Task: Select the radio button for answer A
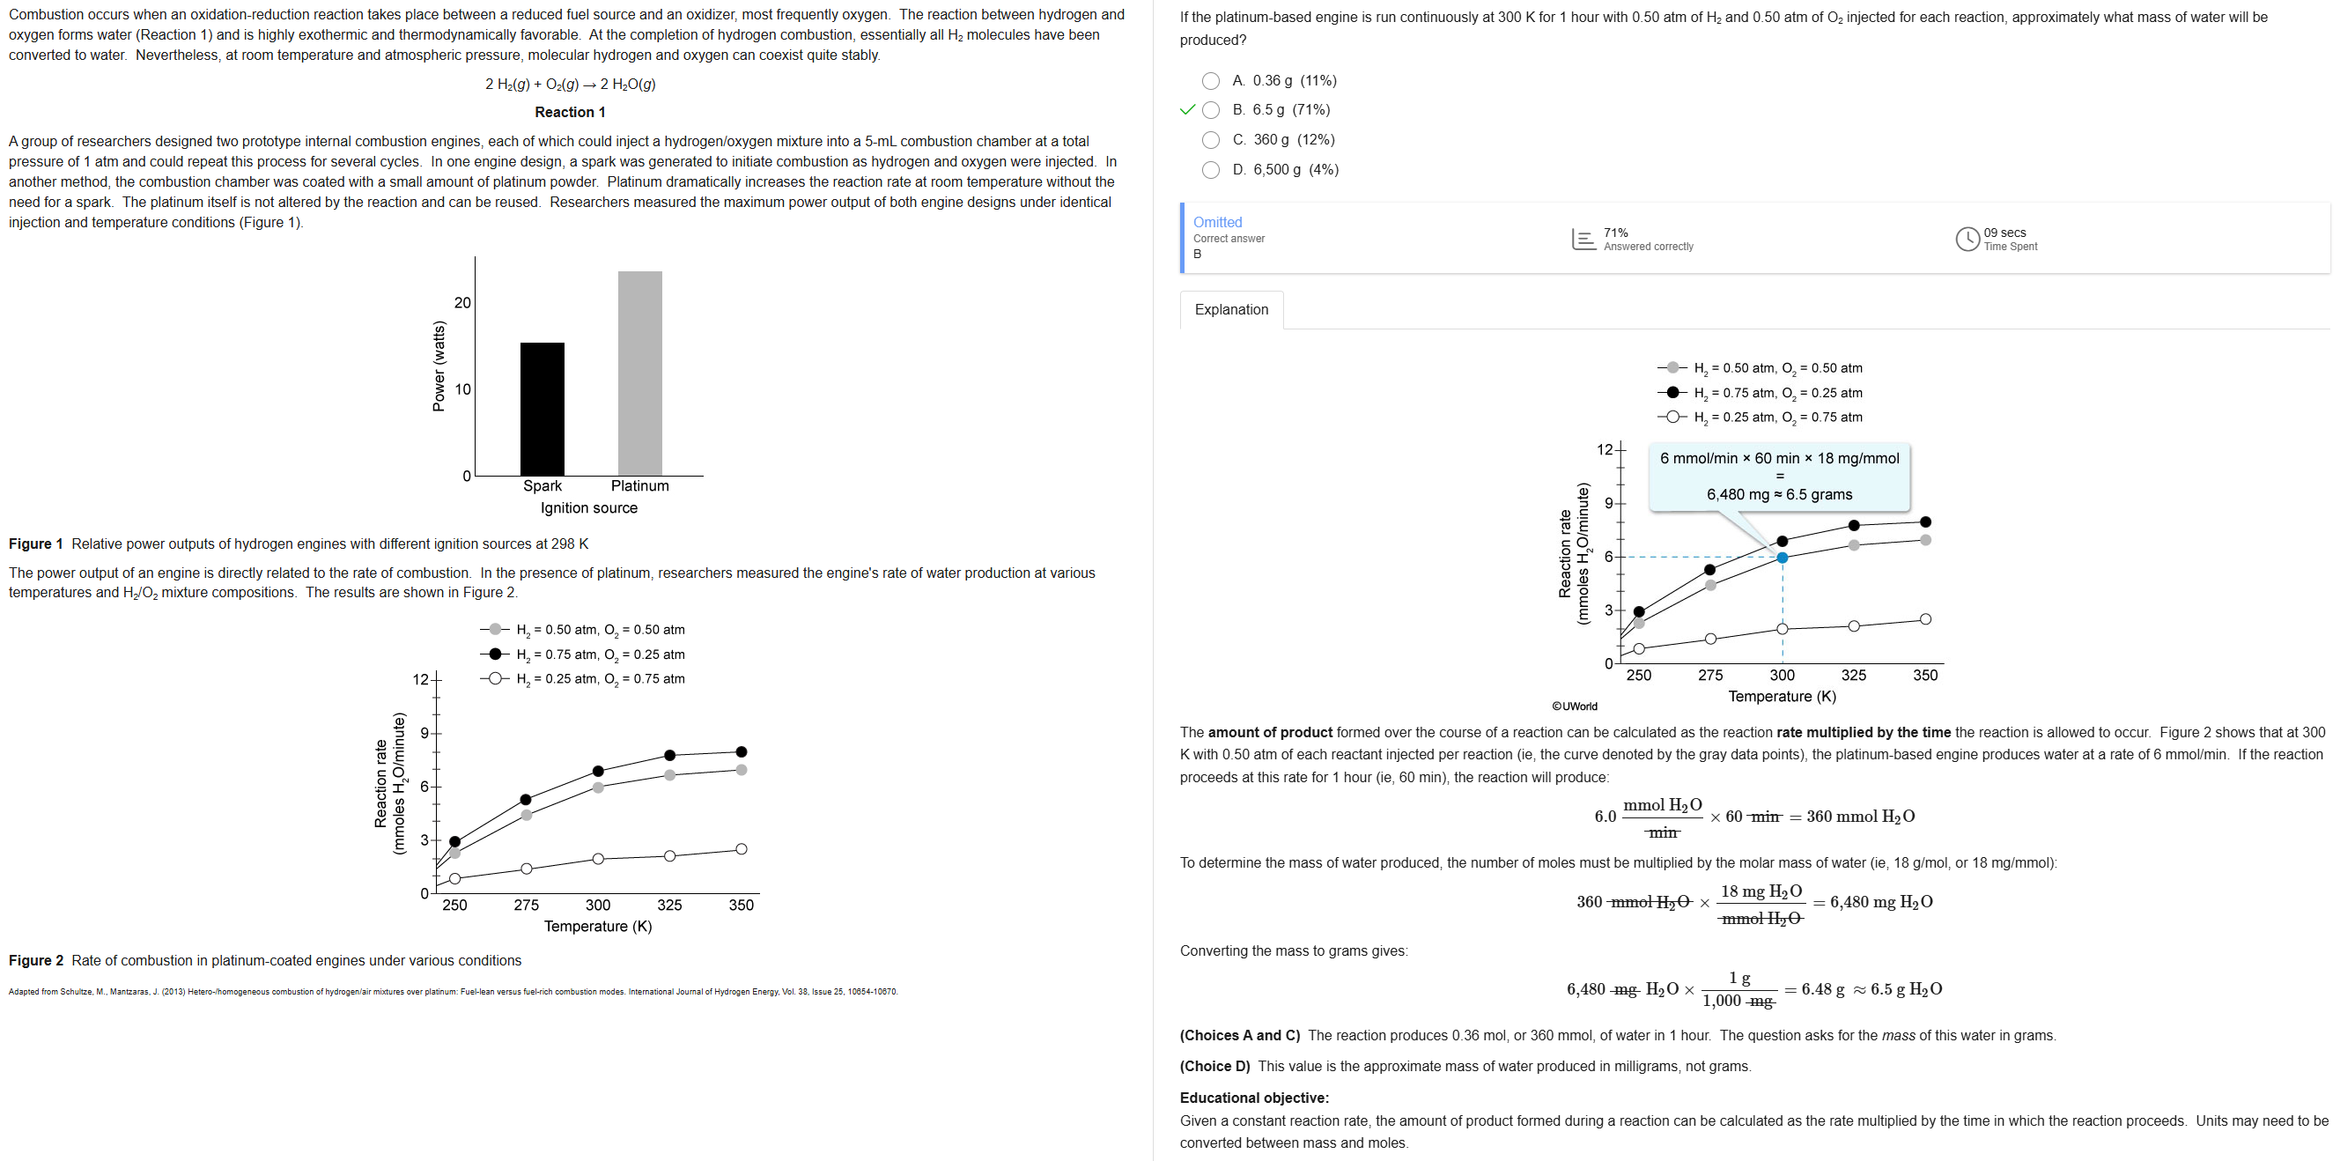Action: tap(1210, 81)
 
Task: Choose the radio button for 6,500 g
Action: tap(1210, 170)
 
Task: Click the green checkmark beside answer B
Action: tap(1186, 110)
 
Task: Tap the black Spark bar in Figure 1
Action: tap(543, 408)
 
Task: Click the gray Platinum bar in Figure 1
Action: tap(639, 373)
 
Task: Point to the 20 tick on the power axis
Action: tap(462, 302)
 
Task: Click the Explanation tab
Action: tap(1231, 310)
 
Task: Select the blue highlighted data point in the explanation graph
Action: tap(1782, 558)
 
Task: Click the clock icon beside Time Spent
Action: tap(1967, 239)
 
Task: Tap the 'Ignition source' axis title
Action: tap(588, 507)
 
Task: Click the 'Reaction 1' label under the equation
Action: tap(570, 112)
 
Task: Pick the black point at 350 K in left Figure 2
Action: tap(742, 752)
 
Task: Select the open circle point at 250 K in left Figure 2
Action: tap(455, 878)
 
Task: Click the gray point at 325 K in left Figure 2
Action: tap(669, 775)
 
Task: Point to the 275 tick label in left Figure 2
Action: tap(526, 905)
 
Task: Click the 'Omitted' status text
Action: tap(1217, 222)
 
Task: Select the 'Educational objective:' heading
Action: tap(1253, 1098)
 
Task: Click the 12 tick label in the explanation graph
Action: tap(1605, 449)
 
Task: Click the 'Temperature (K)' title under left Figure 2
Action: tap(598, 926)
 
